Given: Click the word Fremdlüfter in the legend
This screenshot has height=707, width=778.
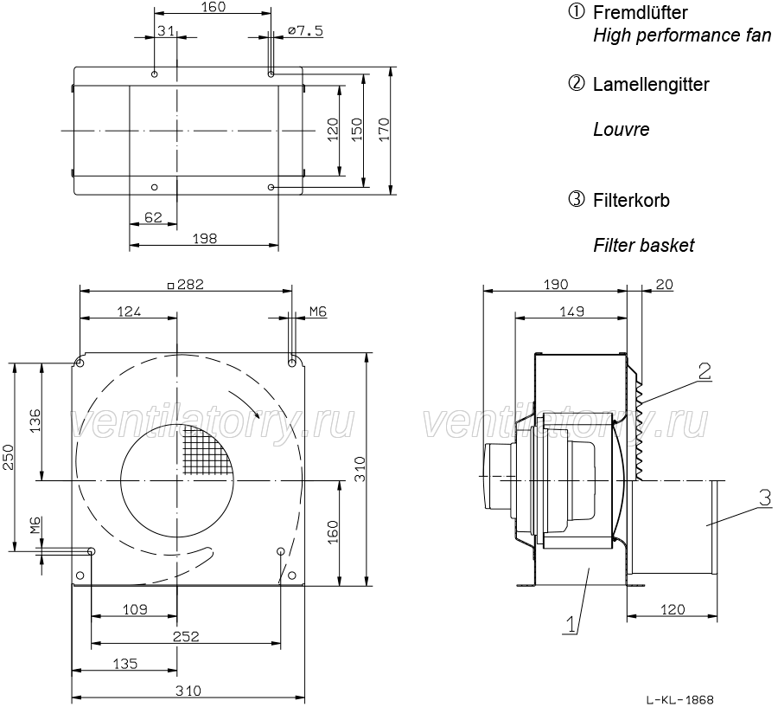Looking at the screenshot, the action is (640, 13).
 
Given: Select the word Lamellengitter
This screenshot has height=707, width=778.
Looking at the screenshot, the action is (651, 85).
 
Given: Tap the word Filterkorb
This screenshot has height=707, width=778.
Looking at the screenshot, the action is (631, 200).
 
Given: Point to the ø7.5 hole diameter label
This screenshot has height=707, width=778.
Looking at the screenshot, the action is (305, 31).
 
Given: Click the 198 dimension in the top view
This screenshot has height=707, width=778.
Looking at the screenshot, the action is (204, 239).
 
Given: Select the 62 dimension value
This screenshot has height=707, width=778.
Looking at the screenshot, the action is (153, 217).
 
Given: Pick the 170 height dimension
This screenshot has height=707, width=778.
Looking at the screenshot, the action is (385, 129).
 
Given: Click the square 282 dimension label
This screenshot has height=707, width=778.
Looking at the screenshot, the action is (185, 284).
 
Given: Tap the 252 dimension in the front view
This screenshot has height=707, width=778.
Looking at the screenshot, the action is (186, 636).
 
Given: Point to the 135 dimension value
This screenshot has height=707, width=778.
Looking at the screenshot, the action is (125, 664).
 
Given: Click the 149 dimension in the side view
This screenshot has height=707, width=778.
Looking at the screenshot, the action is (572, 312).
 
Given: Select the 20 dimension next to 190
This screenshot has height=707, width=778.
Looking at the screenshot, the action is (665, 284).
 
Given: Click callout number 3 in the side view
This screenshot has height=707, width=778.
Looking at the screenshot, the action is (765, 498).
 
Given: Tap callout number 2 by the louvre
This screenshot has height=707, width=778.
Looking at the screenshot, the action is (705, 371).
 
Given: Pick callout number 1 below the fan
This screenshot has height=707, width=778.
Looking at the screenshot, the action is (571, 624).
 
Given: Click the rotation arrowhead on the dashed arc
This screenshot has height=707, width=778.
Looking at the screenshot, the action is (255, 412).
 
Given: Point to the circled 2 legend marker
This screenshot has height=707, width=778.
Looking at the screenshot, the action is (576, 83).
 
